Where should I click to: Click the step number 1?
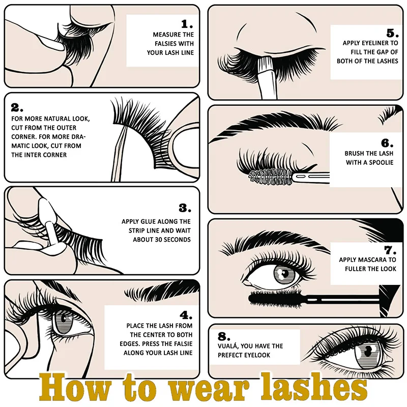tap(187, 24)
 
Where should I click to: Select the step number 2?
tap(17, 108)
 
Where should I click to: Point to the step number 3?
tap(185, 208)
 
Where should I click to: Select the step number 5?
tap(391, 34)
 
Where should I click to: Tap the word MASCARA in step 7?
tap(377, 260)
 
